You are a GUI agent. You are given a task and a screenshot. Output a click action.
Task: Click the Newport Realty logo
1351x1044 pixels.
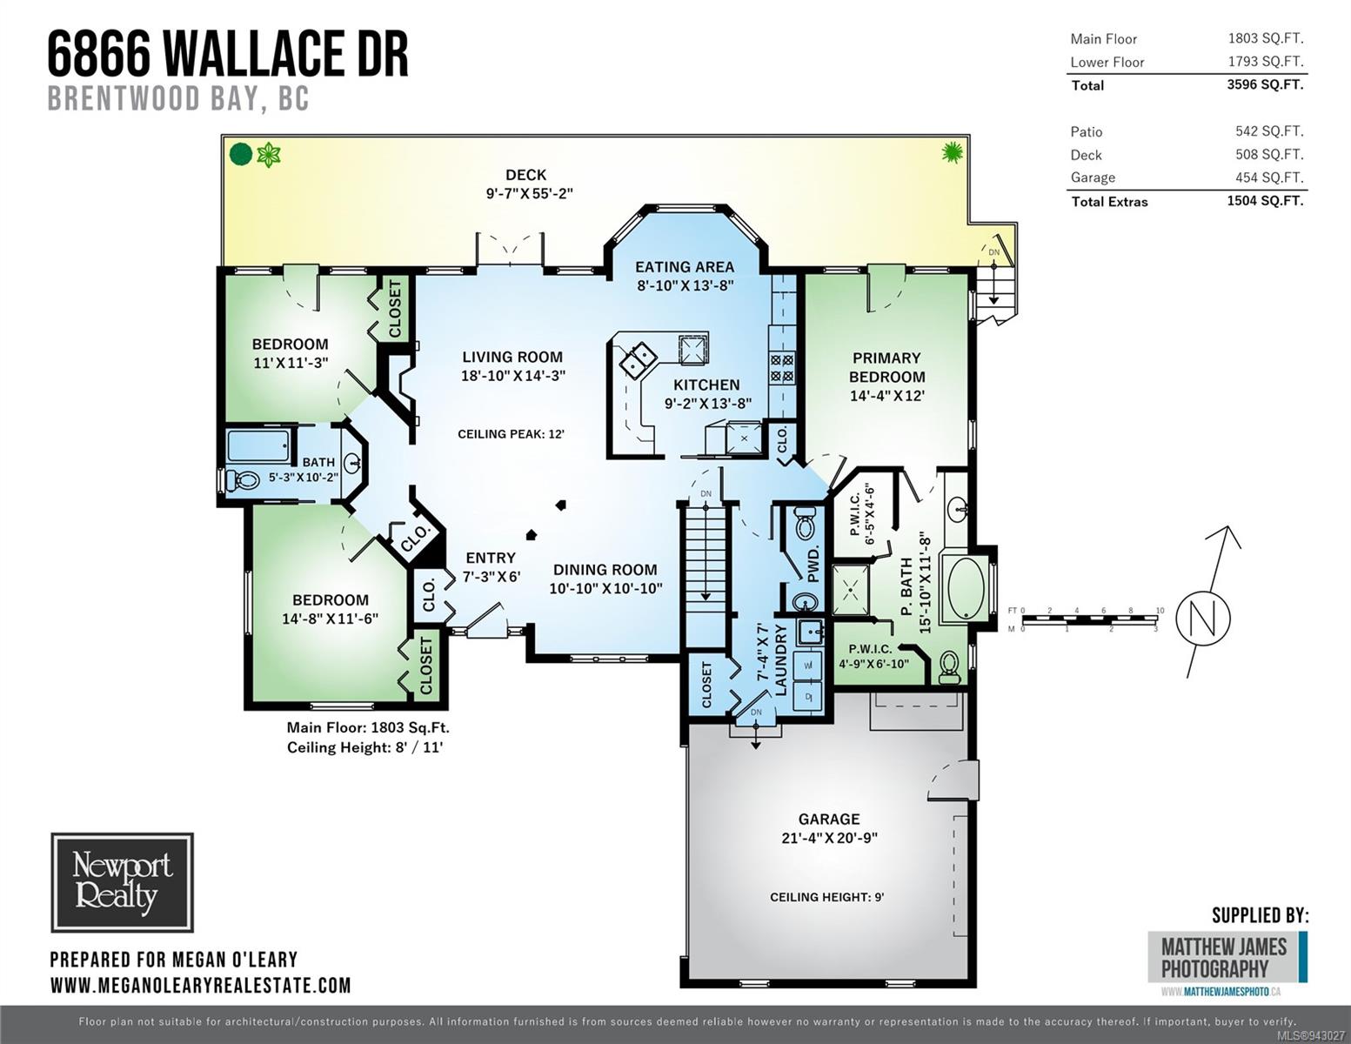click(x=123, y=882)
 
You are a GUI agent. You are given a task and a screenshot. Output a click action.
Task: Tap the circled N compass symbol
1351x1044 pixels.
click(x=1202, y=618)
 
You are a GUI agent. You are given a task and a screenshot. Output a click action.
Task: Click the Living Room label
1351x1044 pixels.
click(x=512, y=357)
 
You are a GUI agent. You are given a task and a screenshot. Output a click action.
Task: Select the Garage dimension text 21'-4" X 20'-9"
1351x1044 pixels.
click(x=829, y=838)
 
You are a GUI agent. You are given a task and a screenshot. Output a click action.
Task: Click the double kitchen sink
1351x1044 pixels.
click(x=638, y=360)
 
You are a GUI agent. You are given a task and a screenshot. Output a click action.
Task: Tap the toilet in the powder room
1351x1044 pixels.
click(x=806, y=522)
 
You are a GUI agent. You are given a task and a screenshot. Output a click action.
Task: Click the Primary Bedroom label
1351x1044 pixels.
click(x=886, y=367)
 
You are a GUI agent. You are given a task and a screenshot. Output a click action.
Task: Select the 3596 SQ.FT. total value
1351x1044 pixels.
click(x=1265, y=84)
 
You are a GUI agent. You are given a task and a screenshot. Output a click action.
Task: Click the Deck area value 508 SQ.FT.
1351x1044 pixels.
click(x=1269, y=154)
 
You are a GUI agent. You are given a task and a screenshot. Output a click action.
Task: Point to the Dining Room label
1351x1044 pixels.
click(x=605, y=570)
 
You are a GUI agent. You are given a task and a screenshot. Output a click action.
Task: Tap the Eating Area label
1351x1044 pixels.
click(x=685, y=267)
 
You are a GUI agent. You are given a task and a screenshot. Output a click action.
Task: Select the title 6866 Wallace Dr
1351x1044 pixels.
click(x=228, y=55)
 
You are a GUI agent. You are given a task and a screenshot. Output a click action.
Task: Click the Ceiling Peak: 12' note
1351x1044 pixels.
click(x=511, y=434)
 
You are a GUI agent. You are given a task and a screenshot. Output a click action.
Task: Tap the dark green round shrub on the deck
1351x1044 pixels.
click(x=241, y=154)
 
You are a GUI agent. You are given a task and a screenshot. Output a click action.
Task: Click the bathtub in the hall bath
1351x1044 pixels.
click(x=258, y=445)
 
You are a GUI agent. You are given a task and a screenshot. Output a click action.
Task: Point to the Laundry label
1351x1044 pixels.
click(x=780, y=659)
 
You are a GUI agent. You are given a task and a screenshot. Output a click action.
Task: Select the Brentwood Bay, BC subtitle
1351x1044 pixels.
click(x=178, y=98)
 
